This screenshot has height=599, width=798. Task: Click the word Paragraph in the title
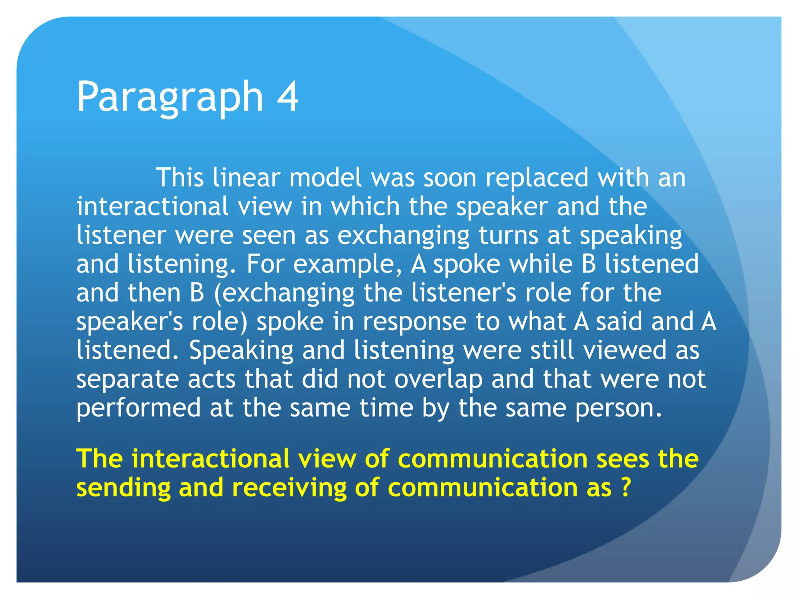(x=170, y=97)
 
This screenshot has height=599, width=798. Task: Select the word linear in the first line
(x=246, y=178)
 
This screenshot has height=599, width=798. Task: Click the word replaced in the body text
(x=537, y=178)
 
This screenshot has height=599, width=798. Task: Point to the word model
(x=325, y=178)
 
